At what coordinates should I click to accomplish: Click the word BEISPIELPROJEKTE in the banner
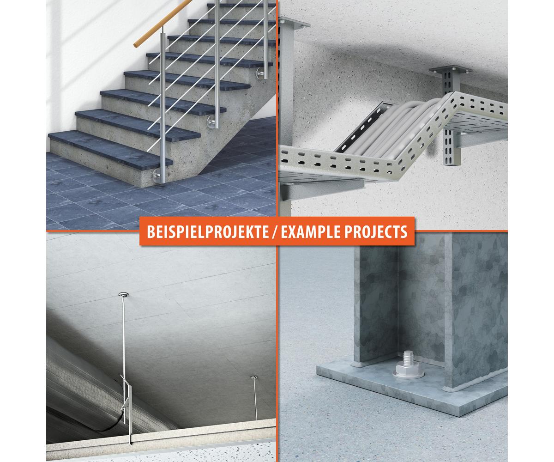(207, 231)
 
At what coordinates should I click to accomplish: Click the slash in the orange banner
(275, 231)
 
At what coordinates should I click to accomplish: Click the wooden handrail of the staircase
(163, 24)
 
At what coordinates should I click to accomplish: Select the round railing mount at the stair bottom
(157, 175)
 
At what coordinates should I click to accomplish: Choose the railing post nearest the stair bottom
(163, 106)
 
